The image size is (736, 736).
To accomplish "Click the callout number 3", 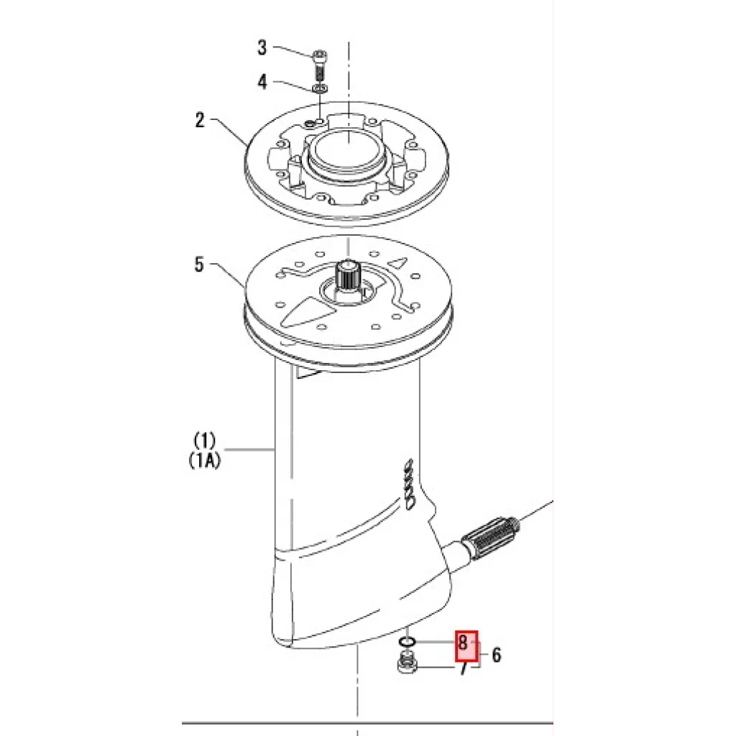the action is click(x=262, y=48).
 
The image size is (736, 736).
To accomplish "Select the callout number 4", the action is click(x=262, y=82).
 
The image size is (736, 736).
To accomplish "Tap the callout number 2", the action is click(x=200, y=120).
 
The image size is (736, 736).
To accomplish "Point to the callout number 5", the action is click(x=200, y=264).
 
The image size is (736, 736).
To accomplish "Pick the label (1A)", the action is click(x=204, y=460).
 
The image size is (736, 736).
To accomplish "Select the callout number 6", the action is click(x=497, y=655).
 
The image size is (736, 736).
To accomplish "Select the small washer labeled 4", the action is click(x=320, y=88).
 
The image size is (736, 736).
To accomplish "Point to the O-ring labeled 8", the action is click(x=407, y=642).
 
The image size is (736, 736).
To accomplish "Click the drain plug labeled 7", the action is click(x=406, y=663).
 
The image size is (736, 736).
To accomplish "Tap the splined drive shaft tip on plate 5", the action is click(x=347, y=275).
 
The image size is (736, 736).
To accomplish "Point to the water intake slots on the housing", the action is click(x=409, y=483).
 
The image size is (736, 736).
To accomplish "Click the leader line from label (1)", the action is click(x=246, y=450).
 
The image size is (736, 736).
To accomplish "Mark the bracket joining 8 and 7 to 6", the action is click(x=477, y=654).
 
